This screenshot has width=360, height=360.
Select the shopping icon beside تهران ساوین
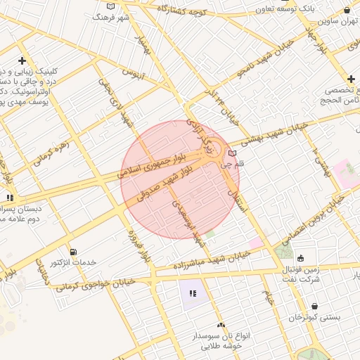346,10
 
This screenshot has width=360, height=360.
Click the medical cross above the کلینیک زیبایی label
22,61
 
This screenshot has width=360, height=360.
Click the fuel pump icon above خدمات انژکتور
73,252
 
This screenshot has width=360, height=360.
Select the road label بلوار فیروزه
139,247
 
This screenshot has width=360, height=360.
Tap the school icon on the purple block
192,293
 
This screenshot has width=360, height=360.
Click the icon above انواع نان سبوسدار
221,325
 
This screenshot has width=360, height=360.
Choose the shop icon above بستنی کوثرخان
314,307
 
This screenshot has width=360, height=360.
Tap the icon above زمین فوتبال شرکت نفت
301,257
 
